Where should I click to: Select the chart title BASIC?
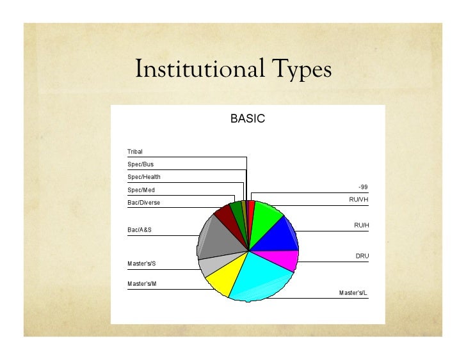[x=247, y=119]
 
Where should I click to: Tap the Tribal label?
[x=135, y=152]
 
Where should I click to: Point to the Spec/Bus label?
[x=140, y=164]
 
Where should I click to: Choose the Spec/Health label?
[x=143, y=177]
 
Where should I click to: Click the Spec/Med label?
[x=141, y=190]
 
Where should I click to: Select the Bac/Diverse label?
[x=143, y=203]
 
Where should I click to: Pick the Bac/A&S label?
[x=140, y=229]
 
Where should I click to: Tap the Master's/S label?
[x=143, y=263]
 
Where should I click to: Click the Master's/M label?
[x=143, y=283]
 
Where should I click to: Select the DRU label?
[x=362, y=256]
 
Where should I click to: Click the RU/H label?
[x=362, y=225]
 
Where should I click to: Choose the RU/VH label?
[x=358, y=200]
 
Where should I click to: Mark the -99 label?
[x=363, y=187]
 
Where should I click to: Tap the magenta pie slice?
[x=282, y=259]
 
